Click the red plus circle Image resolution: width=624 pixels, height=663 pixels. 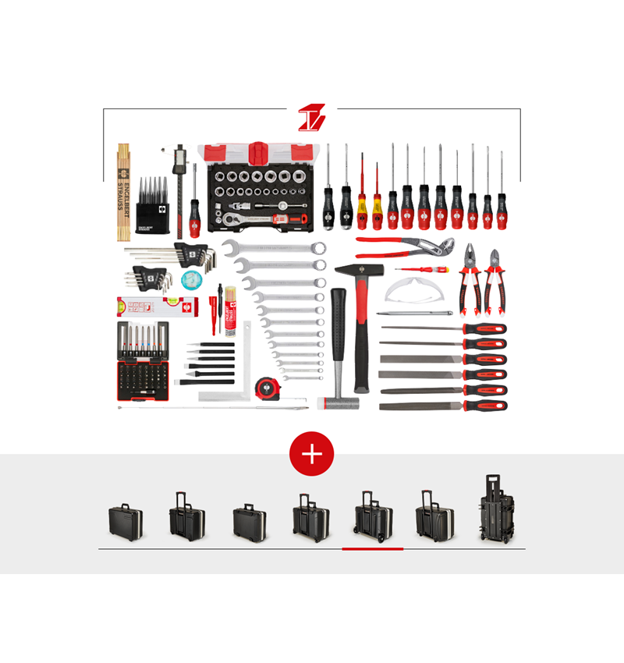coord(312,453)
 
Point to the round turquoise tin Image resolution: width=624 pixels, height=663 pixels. coord(191,280)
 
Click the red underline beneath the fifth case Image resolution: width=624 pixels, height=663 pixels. coord(373,549)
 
